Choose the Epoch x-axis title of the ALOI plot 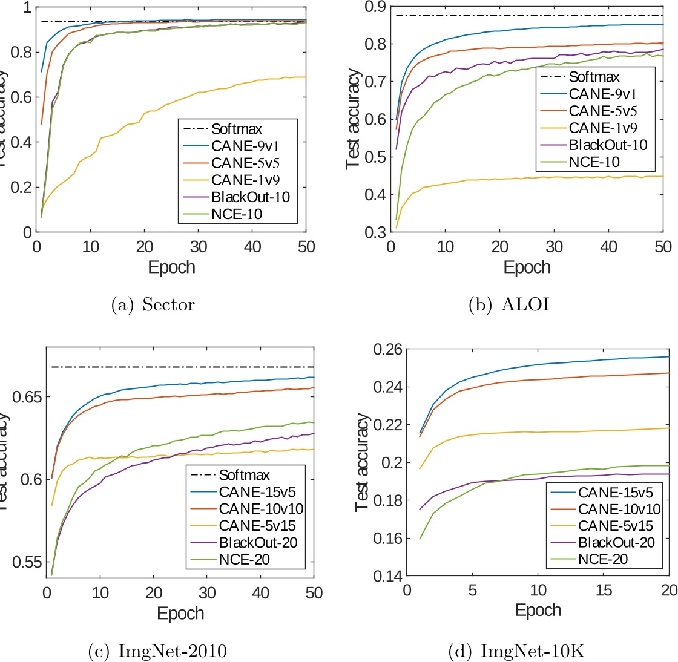pyautogui.click(x=527, y=267)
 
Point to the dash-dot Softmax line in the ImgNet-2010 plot pyautogui.click(x=182, y=367)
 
